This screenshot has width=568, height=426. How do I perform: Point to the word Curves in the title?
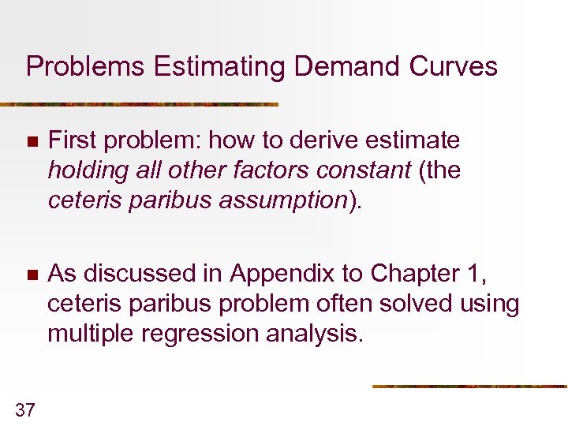pyautogui.click(x=452, y=66)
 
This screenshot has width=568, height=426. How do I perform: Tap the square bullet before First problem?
pyautogui.click(x=31, y=142)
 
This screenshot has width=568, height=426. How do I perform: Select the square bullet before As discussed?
pyautogui.click(x=31, y=275)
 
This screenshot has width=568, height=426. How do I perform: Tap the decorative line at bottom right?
pyautogui.click(x=469, y=387)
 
